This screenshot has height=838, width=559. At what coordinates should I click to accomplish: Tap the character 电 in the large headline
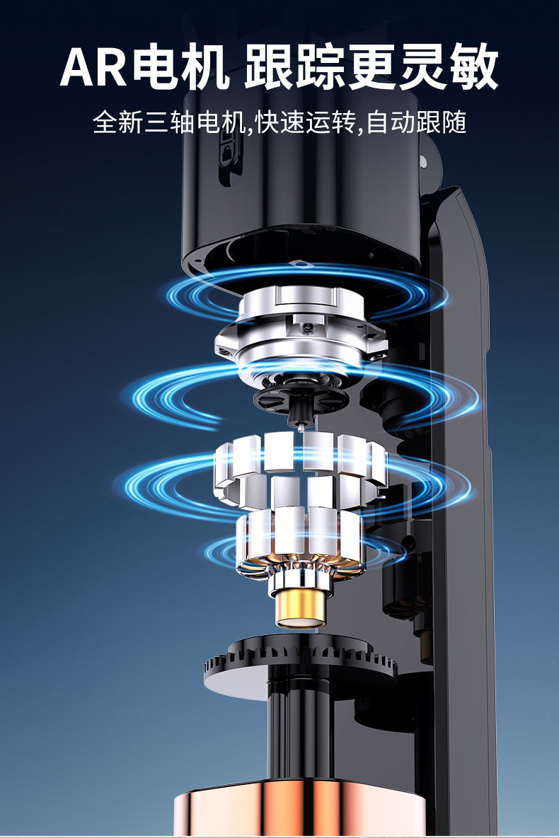[x=154, y=68]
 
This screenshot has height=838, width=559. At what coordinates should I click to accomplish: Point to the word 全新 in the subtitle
[x=117, y=122]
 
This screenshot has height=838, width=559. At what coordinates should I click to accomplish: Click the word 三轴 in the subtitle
[x=170, y=122]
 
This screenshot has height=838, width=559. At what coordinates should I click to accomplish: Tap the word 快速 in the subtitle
[x=280, y=122]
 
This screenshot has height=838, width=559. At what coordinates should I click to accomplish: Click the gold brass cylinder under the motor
[x=300, y=609]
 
